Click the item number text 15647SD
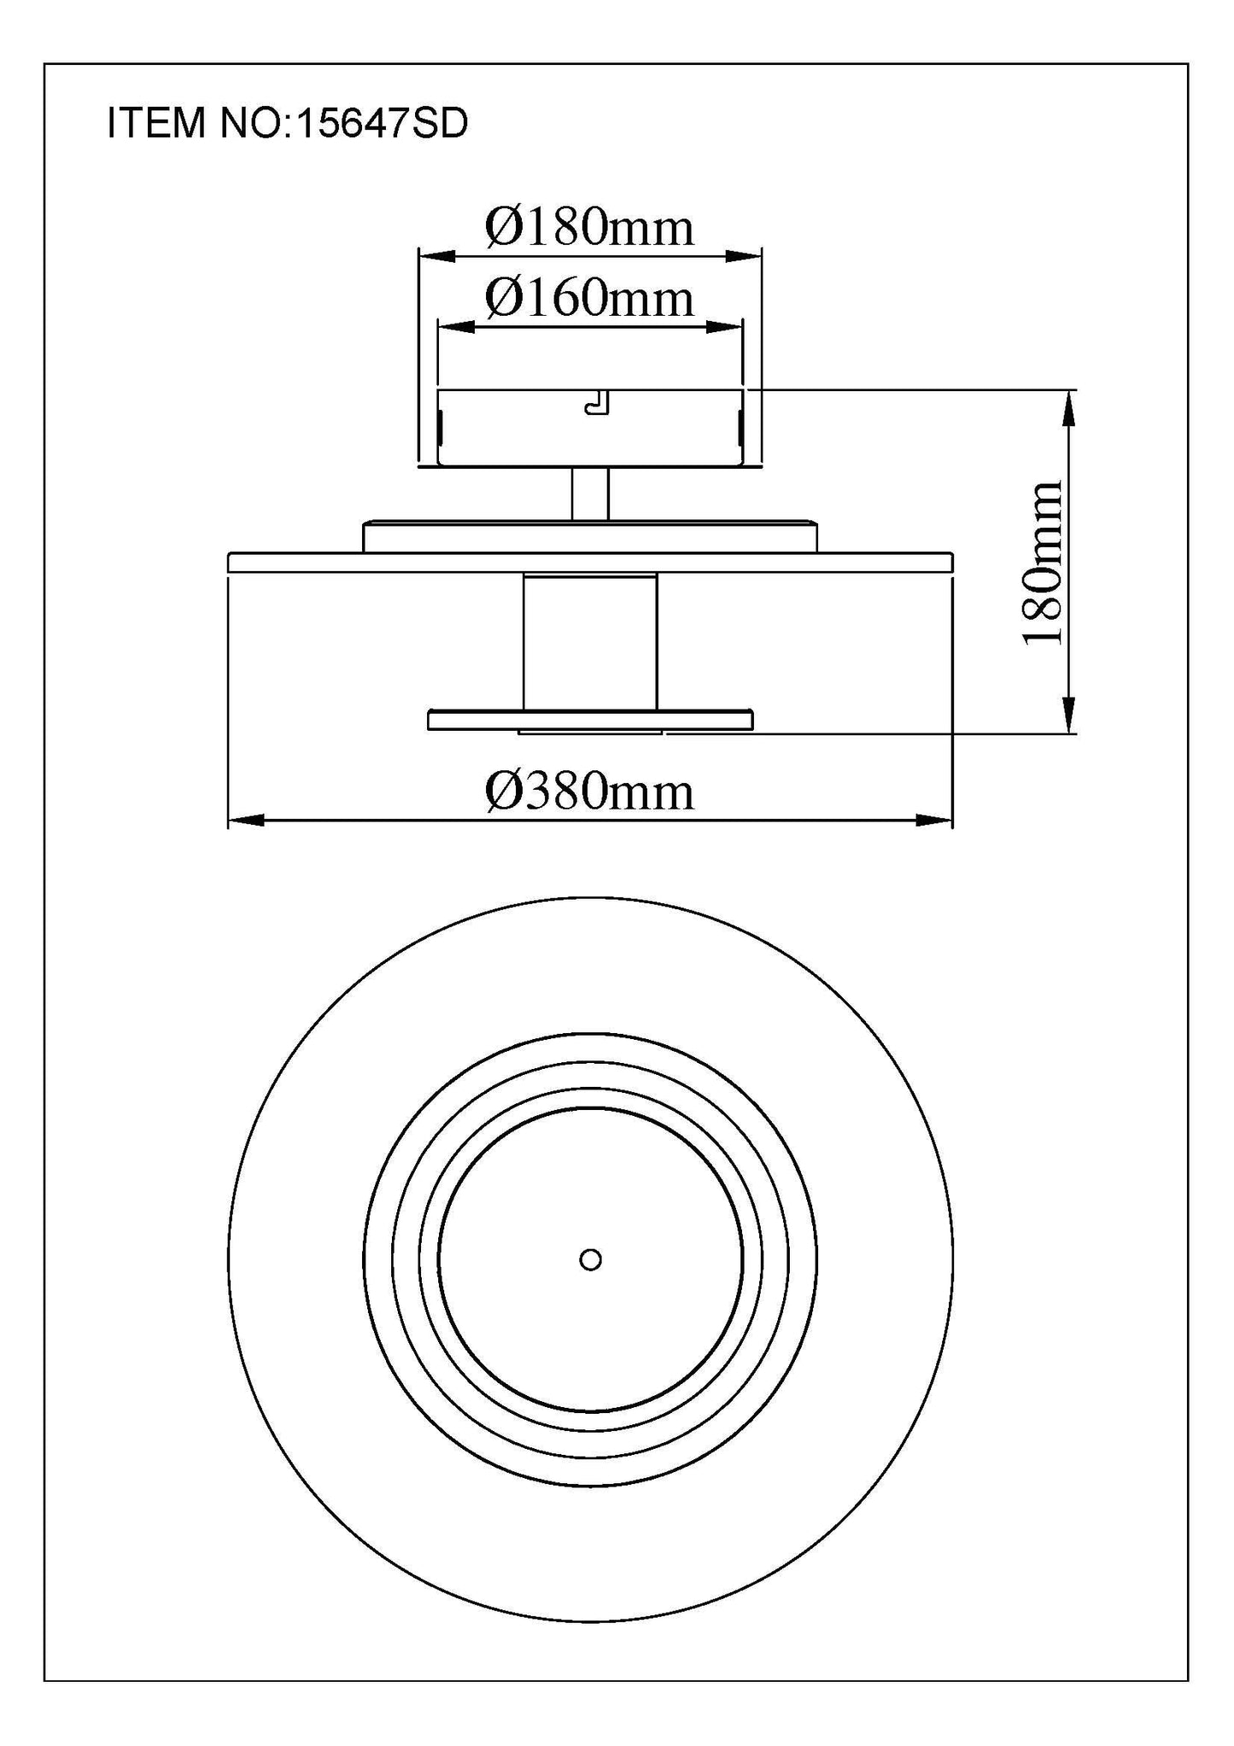pos(382,124)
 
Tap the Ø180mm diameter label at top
pos(589,228)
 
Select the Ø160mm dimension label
pos(589,299)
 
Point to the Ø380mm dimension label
pos(589,791)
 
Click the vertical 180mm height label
pos(1044,563)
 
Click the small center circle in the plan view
pos(590,1259)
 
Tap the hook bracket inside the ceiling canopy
pos(597,402)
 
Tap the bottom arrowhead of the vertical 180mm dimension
pos(1068,714)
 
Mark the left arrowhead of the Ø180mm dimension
pos(436,255)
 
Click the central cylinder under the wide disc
pos(590,640)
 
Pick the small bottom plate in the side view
pos(590,721)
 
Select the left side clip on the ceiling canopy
pos(441,426)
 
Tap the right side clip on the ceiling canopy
pos(740,426)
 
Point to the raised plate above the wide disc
pos(590,537)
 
